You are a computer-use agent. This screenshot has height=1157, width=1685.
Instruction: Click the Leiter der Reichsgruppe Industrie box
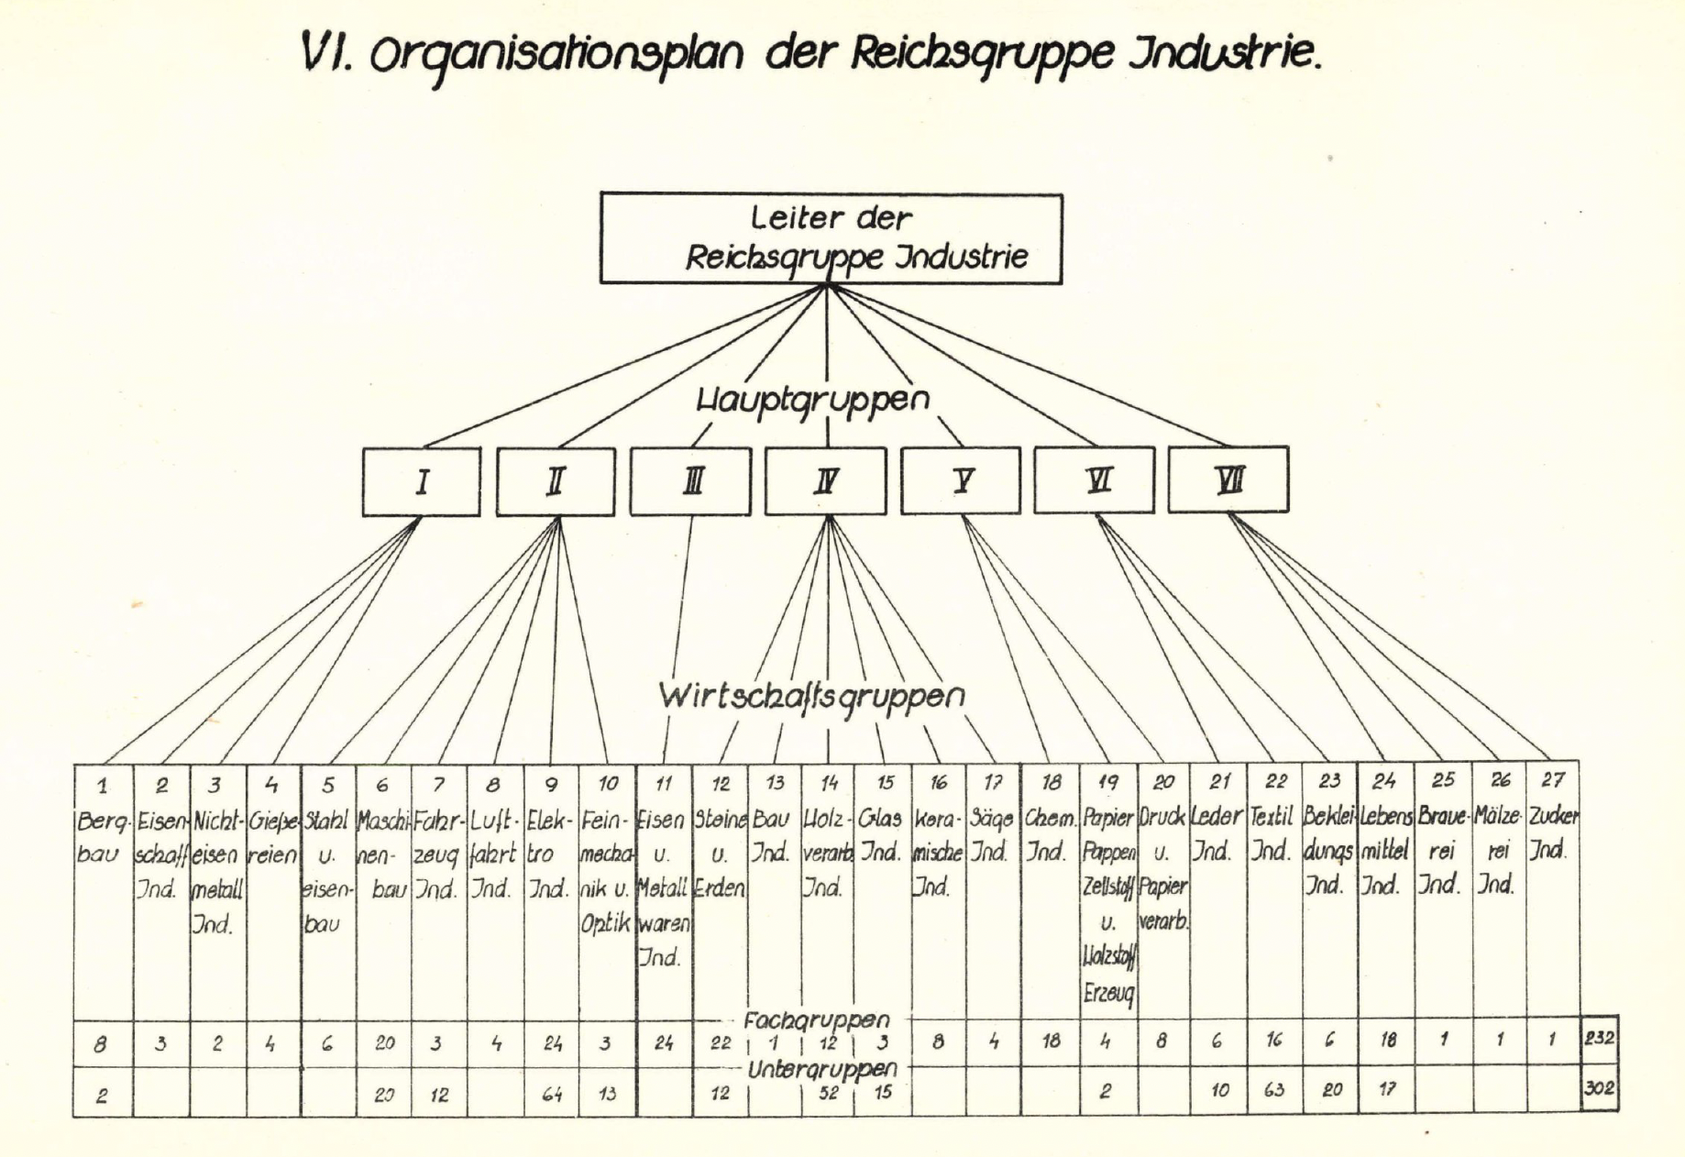click(831, 238)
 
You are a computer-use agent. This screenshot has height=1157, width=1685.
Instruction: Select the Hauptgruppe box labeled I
click(421, 481)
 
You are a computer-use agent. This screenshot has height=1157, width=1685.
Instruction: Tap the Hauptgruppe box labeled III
click(690, 481)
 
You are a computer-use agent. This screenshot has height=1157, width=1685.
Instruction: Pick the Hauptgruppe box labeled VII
click(1228, 479)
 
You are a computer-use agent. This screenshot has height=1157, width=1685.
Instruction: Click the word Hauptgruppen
click(813, 400)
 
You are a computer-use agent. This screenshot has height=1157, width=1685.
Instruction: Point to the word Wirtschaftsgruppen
click(811, 696)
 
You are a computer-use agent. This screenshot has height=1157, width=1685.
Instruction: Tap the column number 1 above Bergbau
click(103, 786)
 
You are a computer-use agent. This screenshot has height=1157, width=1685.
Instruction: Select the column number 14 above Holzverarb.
click(829, 783)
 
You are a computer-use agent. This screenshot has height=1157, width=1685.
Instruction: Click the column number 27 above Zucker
click(1552, 780)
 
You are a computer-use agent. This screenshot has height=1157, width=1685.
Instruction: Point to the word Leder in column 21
click(1217, 816)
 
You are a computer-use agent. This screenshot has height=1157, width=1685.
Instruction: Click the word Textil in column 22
click(1272, 816)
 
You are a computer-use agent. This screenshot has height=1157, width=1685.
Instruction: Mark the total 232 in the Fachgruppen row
click(1599, 1039)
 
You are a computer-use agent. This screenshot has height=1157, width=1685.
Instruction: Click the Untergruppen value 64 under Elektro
click(552, 1094)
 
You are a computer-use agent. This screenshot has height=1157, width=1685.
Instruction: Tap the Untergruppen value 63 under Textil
click(1273, 1090)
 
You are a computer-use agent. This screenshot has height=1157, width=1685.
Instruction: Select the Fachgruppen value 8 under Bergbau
click(101, 1044)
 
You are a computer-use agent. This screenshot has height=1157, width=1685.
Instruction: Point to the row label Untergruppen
click(821, 1069)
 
